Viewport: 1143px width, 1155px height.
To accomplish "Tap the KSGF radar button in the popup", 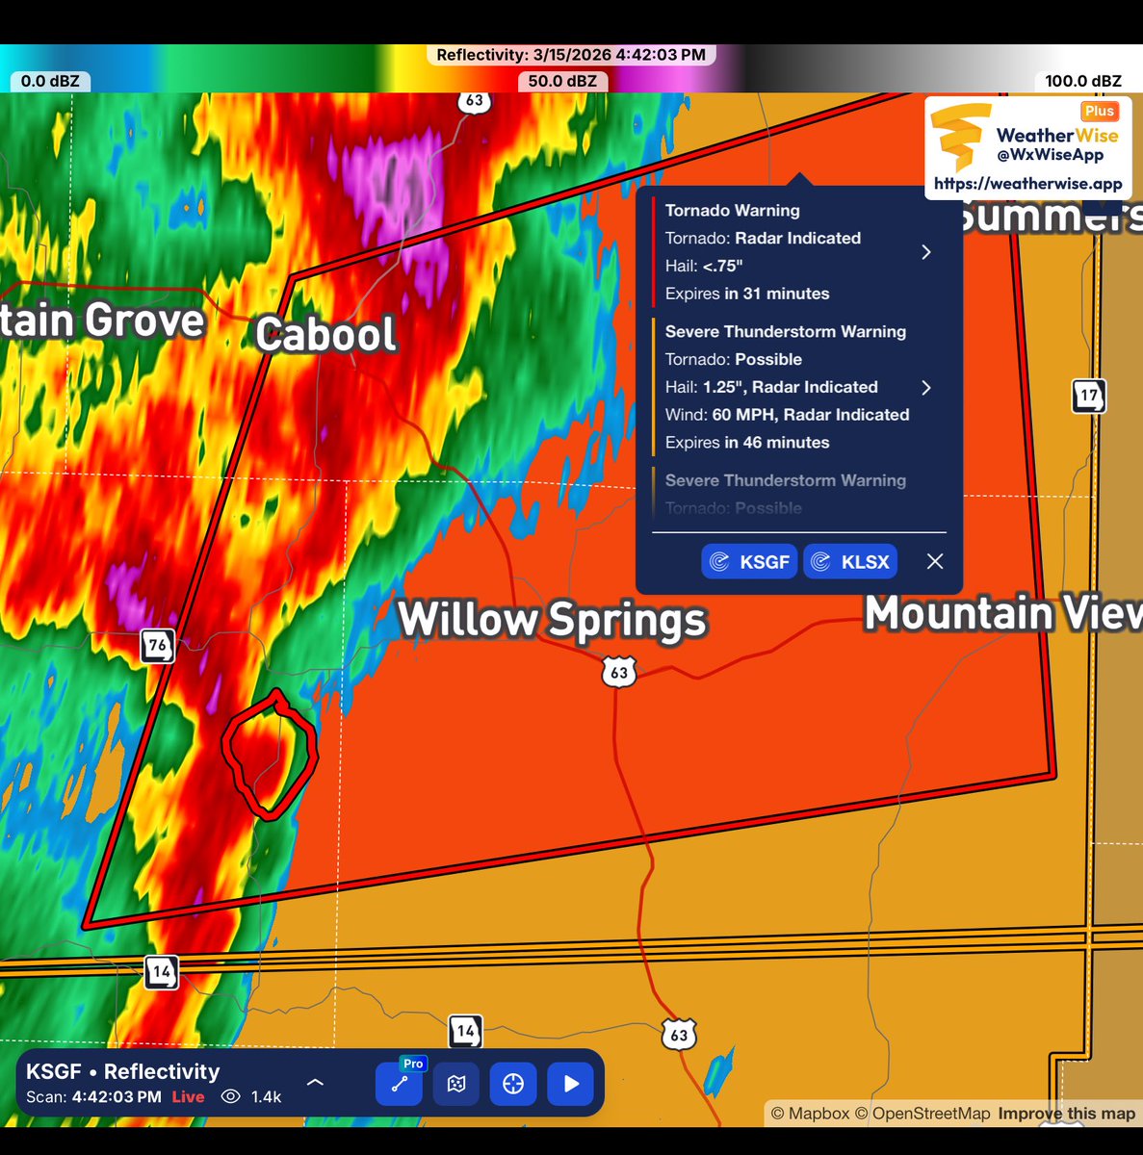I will [749, 561].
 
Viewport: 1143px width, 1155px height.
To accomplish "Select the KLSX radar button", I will [850, 561].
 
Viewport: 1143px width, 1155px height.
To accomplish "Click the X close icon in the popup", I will [934, 561].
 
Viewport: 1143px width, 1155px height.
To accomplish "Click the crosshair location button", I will [513, 1084].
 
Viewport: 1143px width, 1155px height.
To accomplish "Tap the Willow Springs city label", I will [552, 619].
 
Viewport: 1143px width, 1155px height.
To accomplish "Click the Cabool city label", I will [325, 334].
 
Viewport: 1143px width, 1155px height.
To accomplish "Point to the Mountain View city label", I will [1001, 613].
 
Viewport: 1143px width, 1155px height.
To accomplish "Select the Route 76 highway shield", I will [157, 645].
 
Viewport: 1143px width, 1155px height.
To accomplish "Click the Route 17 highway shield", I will [1089, 396].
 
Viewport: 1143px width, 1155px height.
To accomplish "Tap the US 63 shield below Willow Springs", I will [619, 672].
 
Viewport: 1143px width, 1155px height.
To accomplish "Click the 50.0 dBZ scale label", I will [562, 81].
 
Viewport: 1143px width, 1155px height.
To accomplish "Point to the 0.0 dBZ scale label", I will [50, 81].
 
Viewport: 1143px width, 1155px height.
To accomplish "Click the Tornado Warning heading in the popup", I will [732, 210].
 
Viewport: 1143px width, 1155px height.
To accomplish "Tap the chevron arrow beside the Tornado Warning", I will [926, 252].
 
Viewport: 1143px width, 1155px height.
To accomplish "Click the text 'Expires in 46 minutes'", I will [746, 442].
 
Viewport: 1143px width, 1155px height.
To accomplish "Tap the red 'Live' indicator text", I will [188, 1096].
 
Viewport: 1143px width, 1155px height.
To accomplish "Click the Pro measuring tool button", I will [399, 1084].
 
